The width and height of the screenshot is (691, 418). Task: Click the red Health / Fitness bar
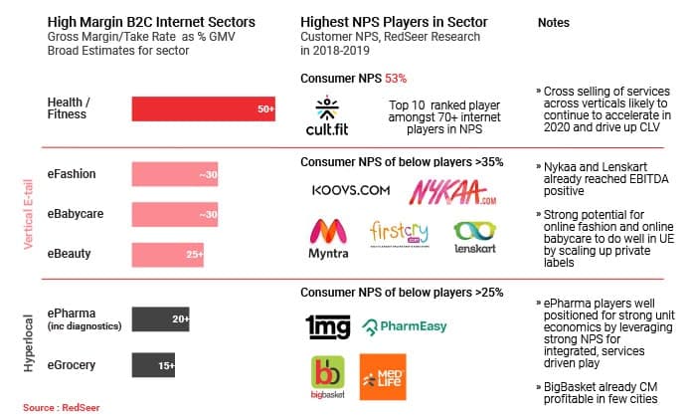click(204, 108)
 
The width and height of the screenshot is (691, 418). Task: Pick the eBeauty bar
click(168, 254)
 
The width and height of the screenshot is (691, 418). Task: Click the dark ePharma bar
click(163, 319)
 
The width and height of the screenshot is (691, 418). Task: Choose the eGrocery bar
click(154, 365)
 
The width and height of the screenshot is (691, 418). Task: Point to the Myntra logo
click(329, 240)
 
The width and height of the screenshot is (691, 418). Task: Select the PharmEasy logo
click(405, 325)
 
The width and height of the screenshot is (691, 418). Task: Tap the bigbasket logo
click(329, 379)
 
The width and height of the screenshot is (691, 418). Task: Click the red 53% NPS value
click(394, 78)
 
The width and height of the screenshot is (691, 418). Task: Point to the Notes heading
click(553, 22)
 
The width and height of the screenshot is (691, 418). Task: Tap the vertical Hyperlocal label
click(27, 339)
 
